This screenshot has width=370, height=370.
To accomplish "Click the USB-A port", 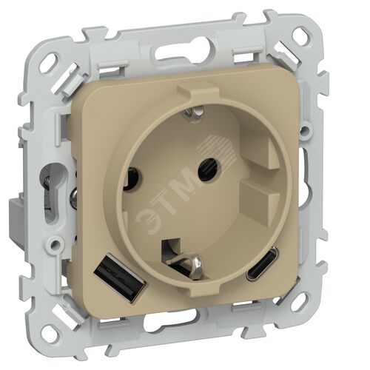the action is (120, 280).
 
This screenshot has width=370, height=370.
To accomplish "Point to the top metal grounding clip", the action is (195, 112).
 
